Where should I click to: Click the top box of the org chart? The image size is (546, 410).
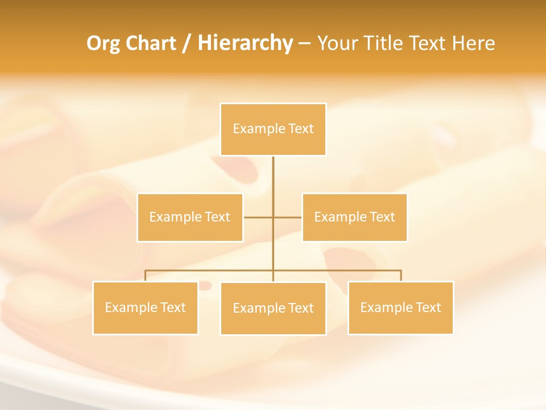click(273, 129)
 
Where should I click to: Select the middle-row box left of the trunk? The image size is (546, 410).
click(190, 218)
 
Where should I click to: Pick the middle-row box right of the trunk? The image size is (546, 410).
click(354, 218)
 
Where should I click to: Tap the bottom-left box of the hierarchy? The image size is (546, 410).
click(146, 308)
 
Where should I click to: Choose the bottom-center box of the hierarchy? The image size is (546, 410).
click(273, 309)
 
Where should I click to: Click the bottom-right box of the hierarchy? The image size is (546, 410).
click(400, 308)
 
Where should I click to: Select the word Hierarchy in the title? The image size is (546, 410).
click(245, 43)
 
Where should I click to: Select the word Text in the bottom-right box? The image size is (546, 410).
click(428, 308)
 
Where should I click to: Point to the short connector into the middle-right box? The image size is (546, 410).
click(288, 218)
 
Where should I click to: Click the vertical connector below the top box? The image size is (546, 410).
click(273, 177)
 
